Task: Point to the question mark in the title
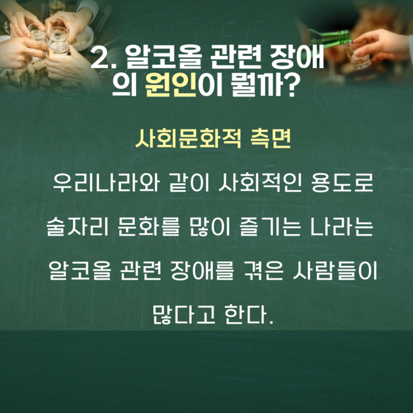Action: pos(290,85)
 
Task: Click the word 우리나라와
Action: pos(106,182)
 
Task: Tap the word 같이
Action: pos(189,182)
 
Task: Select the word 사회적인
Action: pos(260,182)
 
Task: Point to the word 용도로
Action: pos(342,182)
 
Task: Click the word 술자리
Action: pos(78,226)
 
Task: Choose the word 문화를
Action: pos(149,226)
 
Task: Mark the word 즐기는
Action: pos(270,226)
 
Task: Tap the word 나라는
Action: pos(341,226)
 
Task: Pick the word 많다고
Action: pos(184,315)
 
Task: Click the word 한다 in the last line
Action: pos(245,315)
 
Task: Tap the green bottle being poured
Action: pos(330,39)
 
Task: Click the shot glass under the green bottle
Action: pos(357,55)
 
